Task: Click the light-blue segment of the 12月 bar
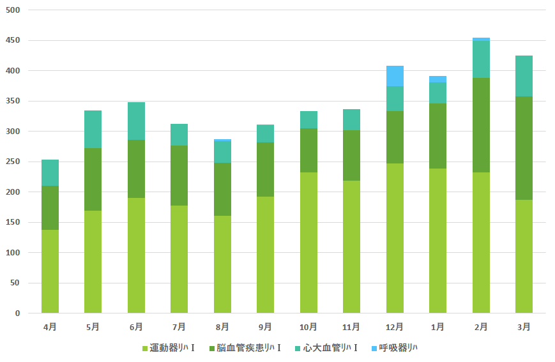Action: [x=395, y=76]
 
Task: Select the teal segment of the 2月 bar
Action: [x=481, y=59]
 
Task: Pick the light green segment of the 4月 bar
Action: [x=50, y=271]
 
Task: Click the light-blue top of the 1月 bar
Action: [x=437, y=79]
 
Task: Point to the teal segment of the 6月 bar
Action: [x=136, y=121]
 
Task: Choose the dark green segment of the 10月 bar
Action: [x=308, y=151]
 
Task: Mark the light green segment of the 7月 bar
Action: [x=179, y=259]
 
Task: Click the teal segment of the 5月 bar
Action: [x=93, y=130]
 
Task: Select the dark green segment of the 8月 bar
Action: [x=222, y=189]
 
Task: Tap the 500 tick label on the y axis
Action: [x=13, y=10]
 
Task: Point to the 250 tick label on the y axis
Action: [x=13, y=162]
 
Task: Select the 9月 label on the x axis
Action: [x=265, y=327]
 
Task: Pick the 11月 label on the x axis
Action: [x=351, y=327]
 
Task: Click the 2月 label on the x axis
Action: [x=481, y=327]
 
